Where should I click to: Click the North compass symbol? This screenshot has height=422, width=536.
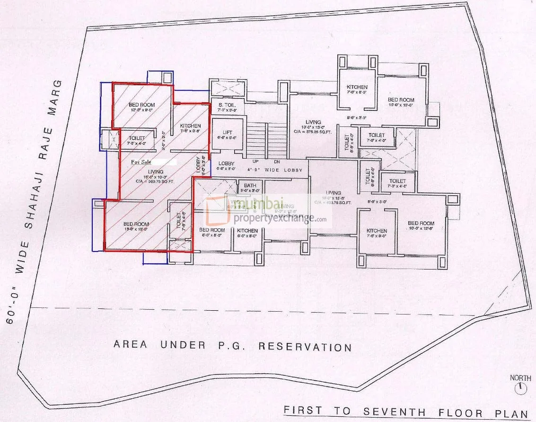pyautogui.click(x=521, y=388)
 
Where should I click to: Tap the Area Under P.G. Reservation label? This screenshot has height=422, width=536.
pyautogui.click(x=232, y=346)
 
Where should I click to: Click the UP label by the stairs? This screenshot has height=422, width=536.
pyautogui.click(x=256, y=161)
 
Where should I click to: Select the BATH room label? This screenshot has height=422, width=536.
pyautogui.click(x=250, y=186)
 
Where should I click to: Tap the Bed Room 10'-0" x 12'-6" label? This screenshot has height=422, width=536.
pyautogui.click(x=421, y=223)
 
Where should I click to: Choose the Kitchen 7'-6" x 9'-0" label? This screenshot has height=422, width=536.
pyautogui.click(x=377, y=231)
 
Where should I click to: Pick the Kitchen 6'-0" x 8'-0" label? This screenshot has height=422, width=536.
pyautogui.click(x=247, y=231)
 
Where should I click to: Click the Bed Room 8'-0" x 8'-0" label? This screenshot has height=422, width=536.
pyautogui.click(x=211, y=231)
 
